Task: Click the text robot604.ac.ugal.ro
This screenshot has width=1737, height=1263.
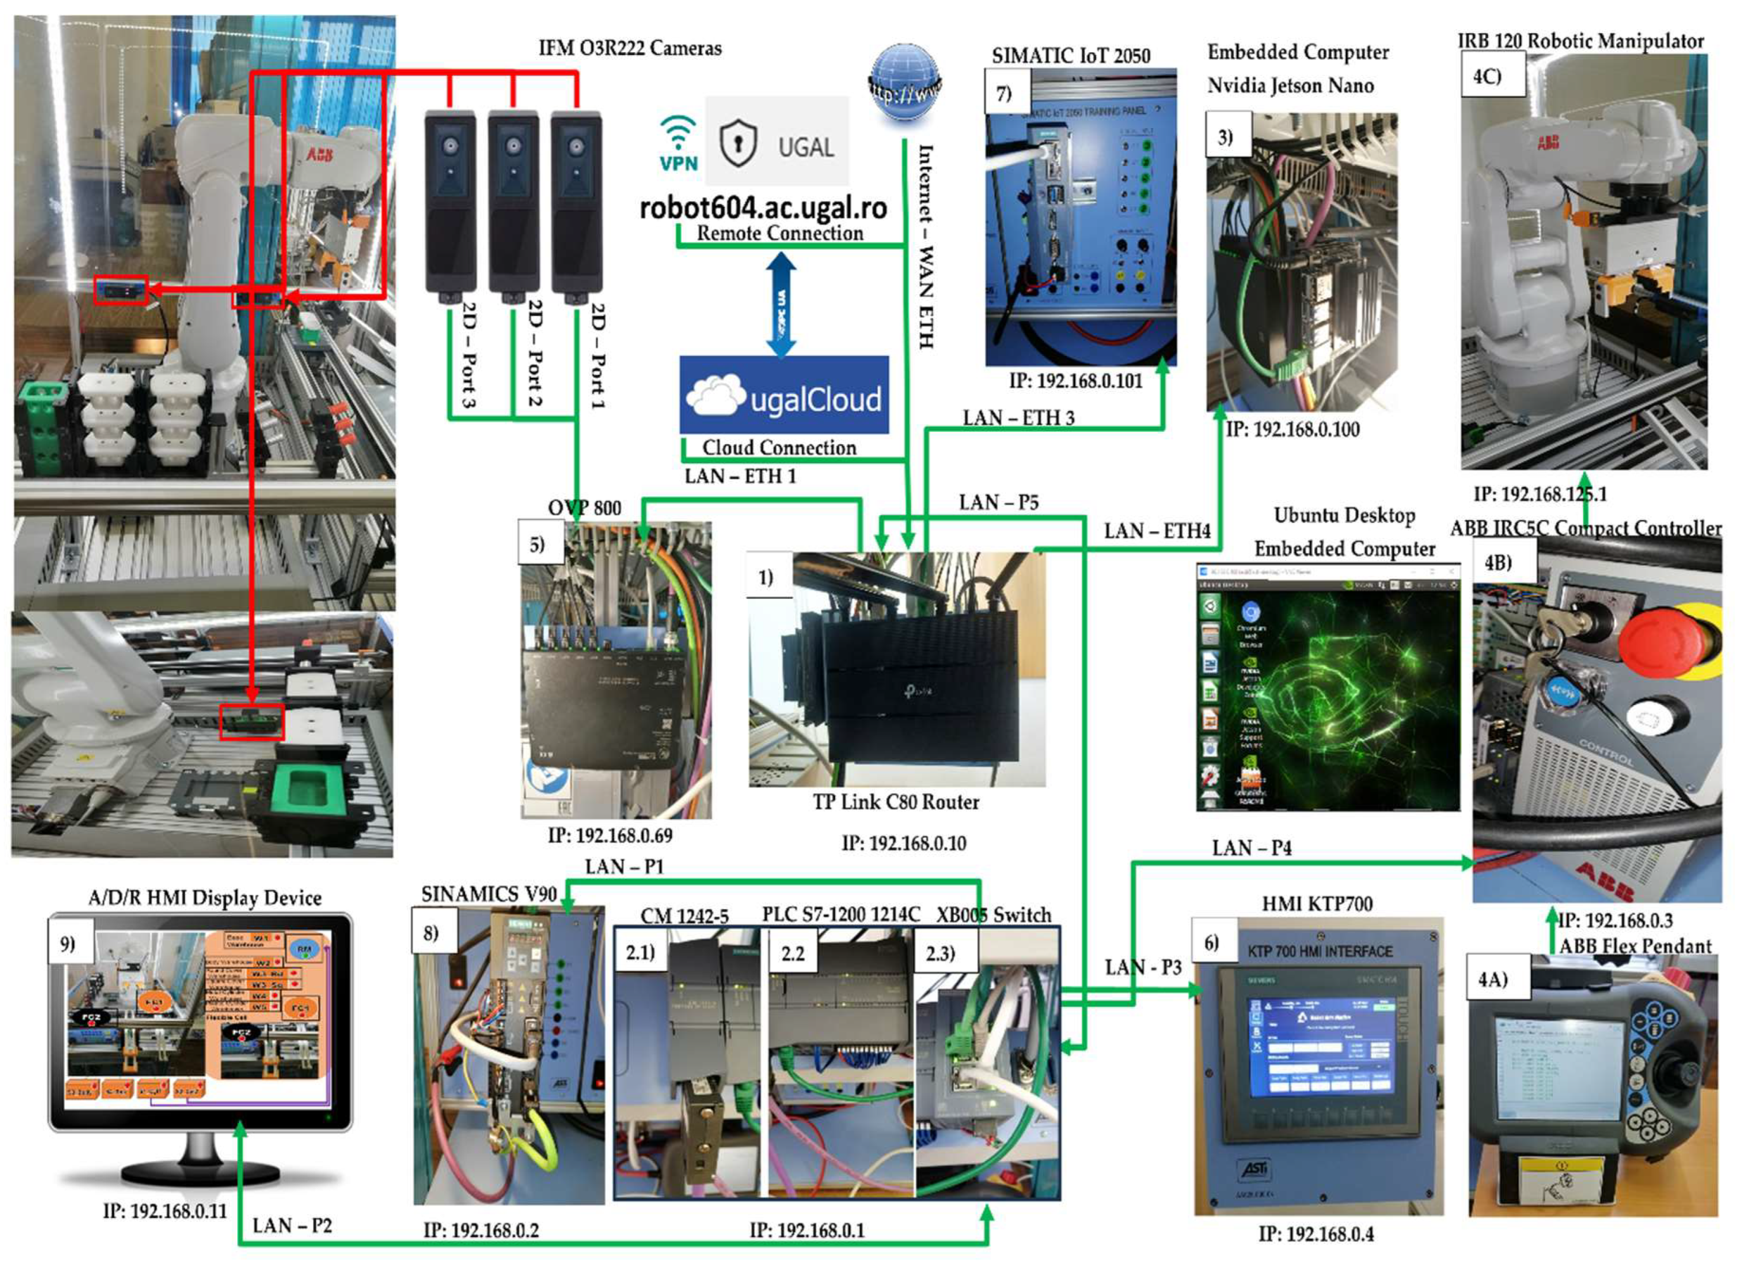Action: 763,208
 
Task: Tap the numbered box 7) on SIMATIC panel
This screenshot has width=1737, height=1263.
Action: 1005,94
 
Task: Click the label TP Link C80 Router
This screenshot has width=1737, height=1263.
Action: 896,802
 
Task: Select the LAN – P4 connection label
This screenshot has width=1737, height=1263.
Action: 1251,848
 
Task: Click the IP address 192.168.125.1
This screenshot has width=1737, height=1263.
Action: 1540,494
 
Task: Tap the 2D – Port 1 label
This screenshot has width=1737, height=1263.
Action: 598,356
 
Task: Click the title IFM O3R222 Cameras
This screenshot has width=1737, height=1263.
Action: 630,48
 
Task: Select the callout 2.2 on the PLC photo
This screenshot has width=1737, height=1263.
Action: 793,953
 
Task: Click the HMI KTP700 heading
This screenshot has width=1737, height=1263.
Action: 1317,904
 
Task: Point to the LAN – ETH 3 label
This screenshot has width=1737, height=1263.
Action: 1018,417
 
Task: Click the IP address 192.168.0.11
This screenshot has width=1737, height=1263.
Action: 165,1211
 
